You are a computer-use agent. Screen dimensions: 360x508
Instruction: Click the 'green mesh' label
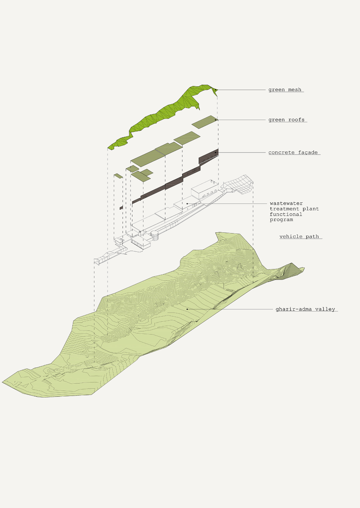pos(285,90)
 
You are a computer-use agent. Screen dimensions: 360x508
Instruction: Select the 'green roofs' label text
pos(286,120)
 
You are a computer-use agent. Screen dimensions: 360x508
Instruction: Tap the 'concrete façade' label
pos(293,152)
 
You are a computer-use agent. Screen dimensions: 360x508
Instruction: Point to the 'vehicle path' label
pos(299,236)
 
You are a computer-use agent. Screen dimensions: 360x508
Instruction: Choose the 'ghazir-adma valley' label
pos(305,309)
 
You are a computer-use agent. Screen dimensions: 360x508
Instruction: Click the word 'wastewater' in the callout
pos(286,203)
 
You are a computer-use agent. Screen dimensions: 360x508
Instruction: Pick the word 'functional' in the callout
pos(286,214)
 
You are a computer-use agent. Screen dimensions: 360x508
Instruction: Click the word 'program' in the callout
pos(281,220)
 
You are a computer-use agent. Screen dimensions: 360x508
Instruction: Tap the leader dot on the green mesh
pos(216,90)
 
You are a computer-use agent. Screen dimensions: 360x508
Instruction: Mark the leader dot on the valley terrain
pos(187,309)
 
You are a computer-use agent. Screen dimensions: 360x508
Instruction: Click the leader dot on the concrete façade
pos(215,152)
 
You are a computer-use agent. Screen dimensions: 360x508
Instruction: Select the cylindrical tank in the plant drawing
pos(155,235)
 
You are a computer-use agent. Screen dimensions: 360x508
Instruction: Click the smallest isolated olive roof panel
pos(118,176)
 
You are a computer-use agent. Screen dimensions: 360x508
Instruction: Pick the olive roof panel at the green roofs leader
pos(204,122)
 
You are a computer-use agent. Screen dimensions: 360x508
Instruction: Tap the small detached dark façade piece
pos(121,208)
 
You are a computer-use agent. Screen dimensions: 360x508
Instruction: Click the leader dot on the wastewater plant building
pos(187,203)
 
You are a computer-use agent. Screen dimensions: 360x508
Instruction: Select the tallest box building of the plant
pos(204,188)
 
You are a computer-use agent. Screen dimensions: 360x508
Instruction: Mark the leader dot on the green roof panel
pos(215,120)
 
